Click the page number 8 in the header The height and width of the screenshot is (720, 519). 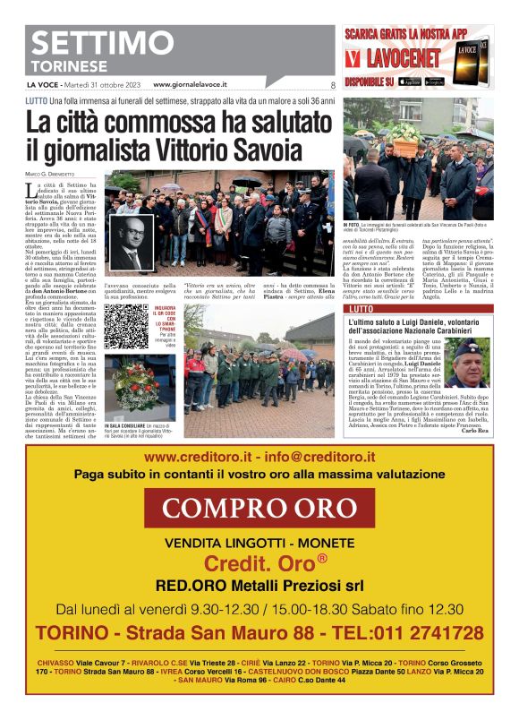(x=332, y=86)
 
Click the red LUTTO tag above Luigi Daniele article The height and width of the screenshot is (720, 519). (x=362, y=308)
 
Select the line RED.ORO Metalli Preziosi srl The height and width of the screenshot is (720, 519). (x=258, y=587)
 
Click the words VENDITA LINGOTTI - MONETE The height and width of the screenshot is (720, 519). (x=258, y=543)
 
